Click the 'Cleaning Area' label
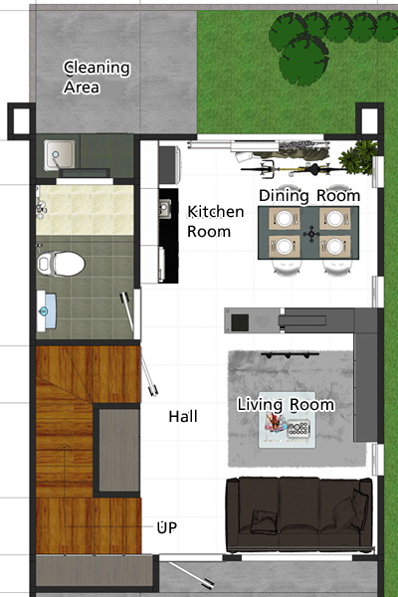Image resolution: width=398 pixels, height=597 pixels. pyautogui.click(x=97, y=77)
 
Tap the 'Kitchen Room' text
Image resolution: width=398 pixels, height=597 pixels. pyautogui.click(x=215, y=221)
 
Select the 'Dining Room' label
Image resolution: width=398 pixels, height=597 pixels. pyautogui.click(x=309, y=196)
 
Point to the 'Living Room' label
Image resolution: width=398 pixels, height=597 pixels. pyautogui.click(x=286, y=404)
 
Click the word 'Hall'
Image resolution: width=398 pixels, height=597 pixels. pyautogui.click(x=183, y=417)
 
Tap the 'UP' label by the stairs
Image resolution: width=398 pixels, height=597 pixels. pyautogui.click(x=167, y=527)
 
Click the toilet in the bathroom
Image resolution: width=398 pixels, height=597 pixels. pyautogui.click(x=61, y=264)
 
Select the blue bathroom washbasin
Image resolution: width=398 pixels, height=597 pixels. pyautogui.click(x=47, y=311)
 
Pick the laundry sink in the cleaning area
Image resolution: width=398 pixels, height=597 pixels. pyautogui.click(x=60, y=155)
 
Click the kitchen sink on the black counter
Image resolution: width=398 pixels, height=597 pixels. pyautogui.click(x=165, y=209)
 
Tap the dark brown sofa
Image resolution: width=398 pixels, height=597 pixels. pyautogui.click(x=298, y=514)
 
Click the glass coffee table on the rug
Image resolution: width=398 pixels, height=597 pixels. pyautogui.click(x=288, y=420)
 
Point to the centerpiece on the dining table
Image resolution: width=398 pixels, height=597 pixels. pyautogui.click(x=311, y=234)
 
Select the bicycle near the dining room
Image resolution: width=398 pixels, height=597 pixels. pyautogui.click(x=290, y=169)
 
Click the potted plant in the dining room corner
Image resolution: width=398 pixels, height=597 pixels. pyautogui.click(x=359, y=157)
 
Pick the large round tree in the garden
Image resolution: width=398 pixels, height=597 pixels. pyautogui.click(x=303, y=60)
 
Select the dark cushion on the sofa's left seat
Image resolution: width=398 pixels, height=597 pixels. pyautogui.click(x=265, y=520)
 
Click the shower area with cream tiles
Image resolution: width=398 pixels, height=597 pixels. pyautogui.click(x=85, y=210)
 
